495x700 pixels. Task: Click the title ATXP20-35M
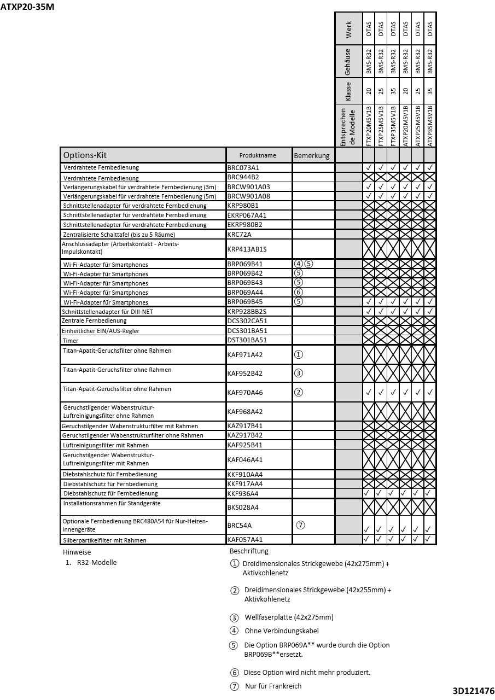tap(27, 7)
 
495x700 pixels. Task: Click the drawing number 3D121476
tap(473, 691)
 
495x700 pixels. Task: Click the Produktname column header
tap(258, 155)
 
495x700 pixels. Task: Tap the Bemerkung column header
tap(312, 155)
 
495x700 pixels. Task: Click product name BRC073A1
tap(243, 167)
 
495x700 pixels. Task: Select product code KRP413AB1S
tap(247, 249)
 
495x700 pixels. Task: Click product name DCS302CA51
tap(247, 321)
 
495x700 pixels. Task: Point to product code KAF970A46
tap(244, 392)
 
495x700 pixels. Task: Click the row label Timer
tap(71, 341)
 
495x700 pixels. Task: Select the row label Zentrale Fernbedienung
tap(94, 321)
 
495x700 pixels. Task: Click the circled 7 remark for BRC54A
tap(300, 525)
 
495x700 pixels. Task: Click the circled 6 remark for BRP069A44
tap(298, 293)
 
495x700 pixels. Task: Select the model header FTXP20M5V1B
tap(368, 125)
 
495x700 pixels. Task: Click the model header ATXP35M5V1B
tap(430, 125)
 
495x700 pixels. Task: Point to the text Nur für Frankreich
tap(273, 686)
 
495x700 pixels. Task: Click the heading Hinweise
tap(77, 552)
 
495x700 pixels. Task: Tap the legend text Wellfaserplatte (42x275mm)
tap(289, 617)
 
